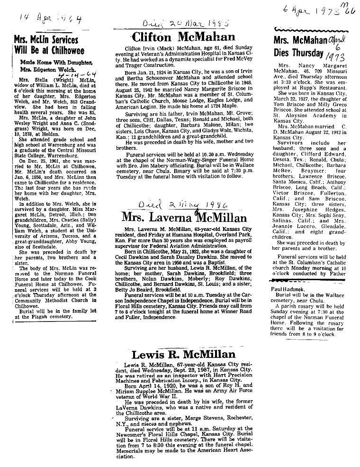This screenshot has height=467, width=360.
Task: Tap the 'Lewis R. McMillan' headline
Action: (183, 355)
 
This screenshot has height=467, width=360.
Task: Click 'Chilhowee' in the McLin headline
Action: (65, 50)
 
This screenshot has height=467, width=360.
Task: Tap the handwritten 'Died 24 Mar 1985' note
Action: (177, 22)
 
